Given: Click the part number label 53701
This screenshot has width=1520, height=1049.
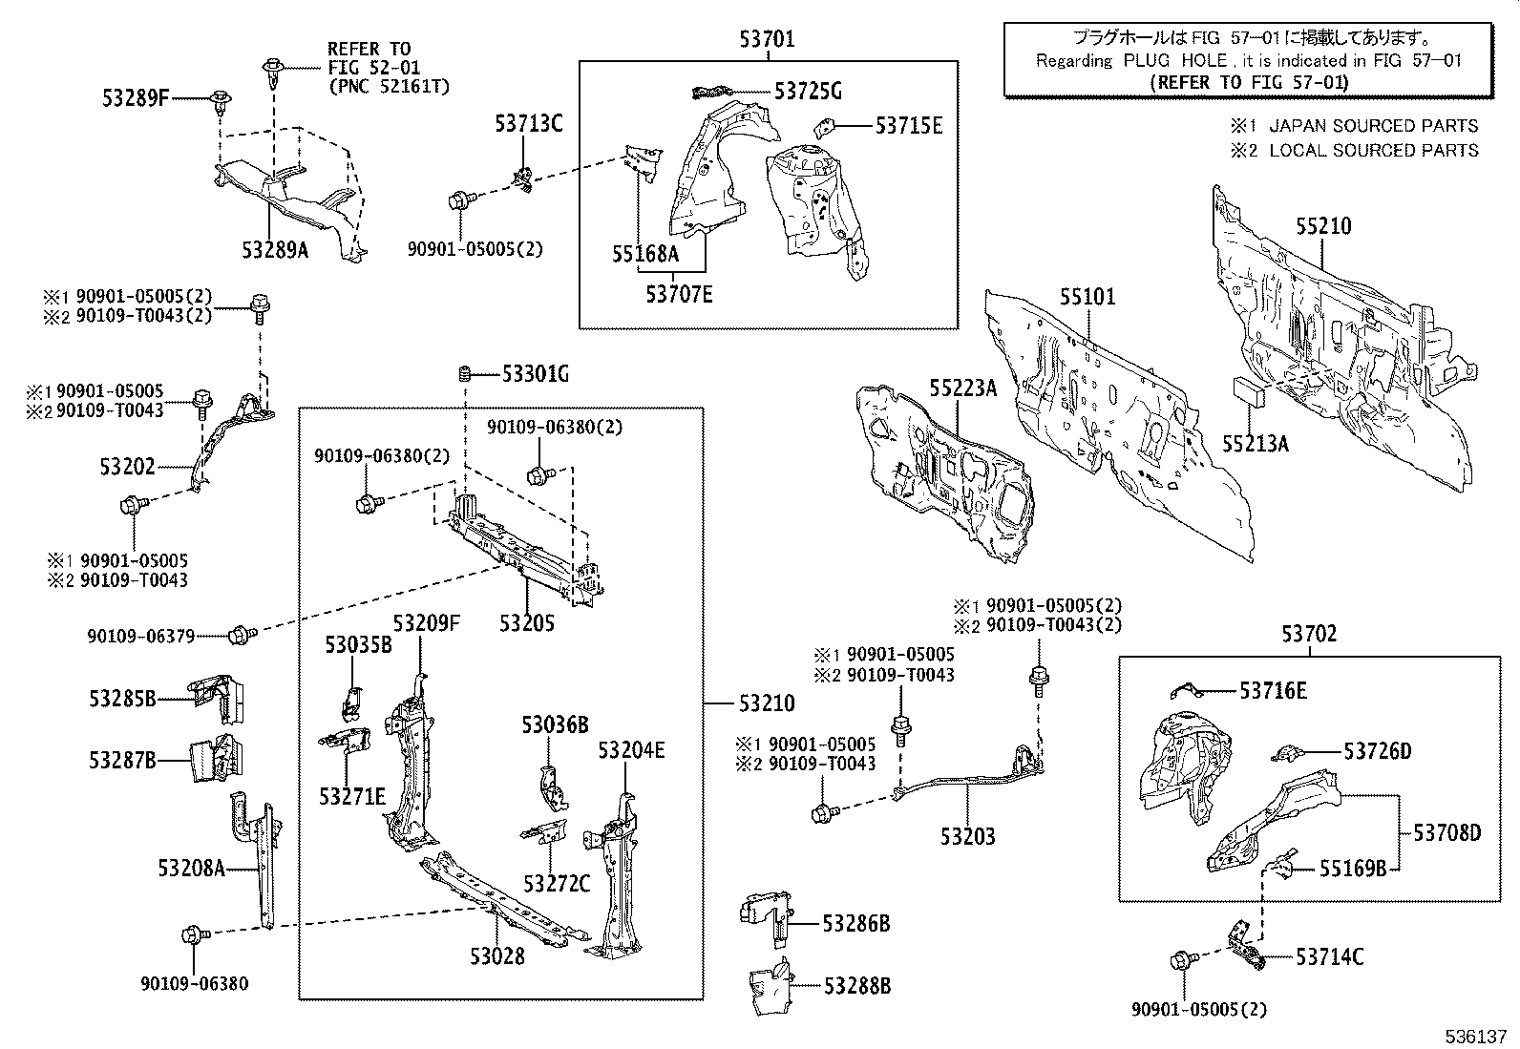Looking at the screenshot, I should [x=767, y=39].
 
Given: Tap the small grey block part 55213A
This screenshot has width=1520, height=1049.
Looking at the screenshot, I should [x=1248, y=392].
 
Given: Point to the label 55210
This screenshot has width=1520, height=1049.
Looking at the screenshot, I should [x=1323, y=227].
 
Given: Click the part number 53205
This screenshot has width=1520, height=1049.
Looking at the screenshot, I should [x=526, y=622].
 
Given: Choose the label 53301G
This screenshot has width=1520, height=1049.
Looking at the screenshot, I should [x=535, y=374].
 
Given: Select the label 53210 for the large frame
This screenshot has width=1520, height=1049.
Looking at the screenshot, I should [x=766, y=703].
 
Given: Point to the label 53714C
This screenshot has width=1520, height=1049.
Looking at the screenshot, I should [x=1329, y=957].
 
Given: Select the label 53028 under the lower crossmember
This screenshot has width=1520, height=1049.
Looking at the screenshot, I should [x=496, y=955].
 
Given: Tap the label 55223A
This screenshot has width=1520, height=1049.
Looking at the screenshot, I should [x=962, y=387].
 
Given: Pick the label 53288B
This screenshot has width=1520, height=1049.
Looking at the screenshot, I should [x=856, y=986].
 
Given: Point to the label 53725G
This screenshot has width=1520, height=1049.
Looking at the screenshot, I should [x=808, y=92].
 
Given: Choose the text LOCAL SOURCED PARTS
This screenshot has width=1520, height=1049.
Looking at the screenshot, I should [x=1373, y=151].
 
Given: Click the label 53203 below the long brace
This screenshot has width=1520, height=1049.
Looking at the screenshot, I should [x=967, y=837].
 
